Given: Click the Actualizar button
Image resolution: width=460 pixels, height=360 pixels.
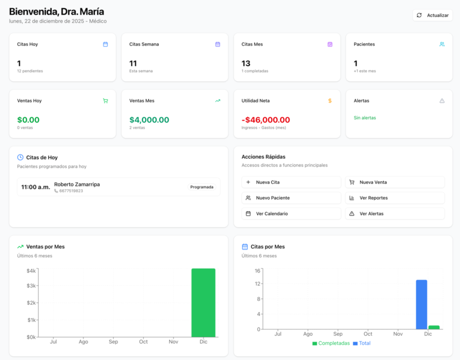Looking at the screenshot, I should click(x=432, y=16).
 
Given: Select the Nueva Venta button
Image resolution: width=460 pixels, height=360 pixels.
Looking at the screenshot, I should click(x=394, y=182).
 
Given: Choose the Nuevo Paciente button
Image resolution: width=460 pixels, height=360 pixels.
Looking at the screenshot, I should click(x=291, y=198).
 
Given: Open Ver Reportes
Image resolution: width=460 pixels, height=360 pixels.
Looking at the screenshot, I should click(x=394, y=198).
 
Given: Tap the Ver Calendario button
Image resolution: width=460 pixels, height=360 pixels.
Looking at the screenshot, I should click(x=291, y=213).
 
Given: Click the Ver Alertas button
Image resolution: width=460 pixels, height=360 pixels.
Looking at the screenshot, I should click(x=394, y=213).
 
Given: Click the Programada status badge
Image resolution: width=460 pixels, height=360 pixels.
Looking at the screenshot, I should click(x=202, y=187).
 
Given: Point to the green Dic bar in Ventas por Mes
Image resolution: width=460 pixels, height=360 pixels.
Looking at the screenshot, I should click(x=203, y=302).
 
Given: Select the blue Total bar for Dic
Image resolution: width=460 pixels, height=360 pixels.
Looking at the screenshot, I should click(x=421, y=304).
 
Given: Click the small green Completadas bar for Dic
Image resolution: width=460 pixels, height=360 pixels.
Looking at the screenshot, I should click(x=434, y=327).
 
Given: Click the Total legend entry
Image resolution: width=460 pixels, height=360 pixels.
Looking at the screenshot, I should click(x=362, y=343).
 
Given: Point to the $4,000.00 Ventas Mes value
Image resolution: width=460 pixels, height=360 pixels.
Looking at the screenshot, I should click(x=149, y=120).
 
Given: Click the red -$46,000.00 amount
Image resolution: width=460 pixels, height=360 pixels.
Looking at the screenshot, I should click(x=266, y=120).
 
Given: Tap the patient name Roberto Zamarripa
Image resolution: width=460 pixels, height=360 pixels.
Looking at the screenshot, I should click(x=76, y=184).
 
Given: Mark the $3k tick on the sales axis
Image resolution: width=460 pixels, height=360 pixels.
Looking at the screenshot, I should click(x=32, y=286).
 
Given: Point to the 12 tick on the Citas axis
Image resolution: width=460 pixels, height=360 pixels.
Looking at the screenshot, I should click(x=258, y=284).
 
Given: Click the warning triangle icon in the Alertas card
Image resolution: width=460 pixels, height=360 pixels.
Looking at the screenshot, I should click(x=442, y=101).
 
